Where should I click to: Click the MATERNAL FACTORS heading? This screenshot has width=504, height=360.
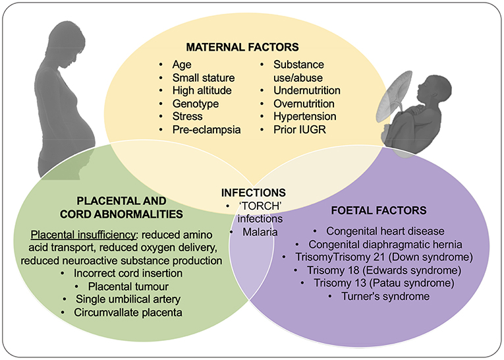pos(242,47)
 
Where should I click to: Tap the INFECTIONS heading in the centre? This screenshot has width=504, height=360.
pos(254,193)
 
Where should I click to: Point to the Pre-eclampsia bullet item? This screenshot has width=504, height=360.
pos(207,129)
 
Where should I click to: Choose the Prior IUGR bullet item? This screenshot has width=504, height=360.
pos(300,129)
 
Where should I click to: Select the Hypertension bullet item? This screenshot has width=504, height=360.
pos(305,116)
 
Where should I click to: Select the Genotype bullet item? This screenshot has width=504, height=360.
pos(195,104)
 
